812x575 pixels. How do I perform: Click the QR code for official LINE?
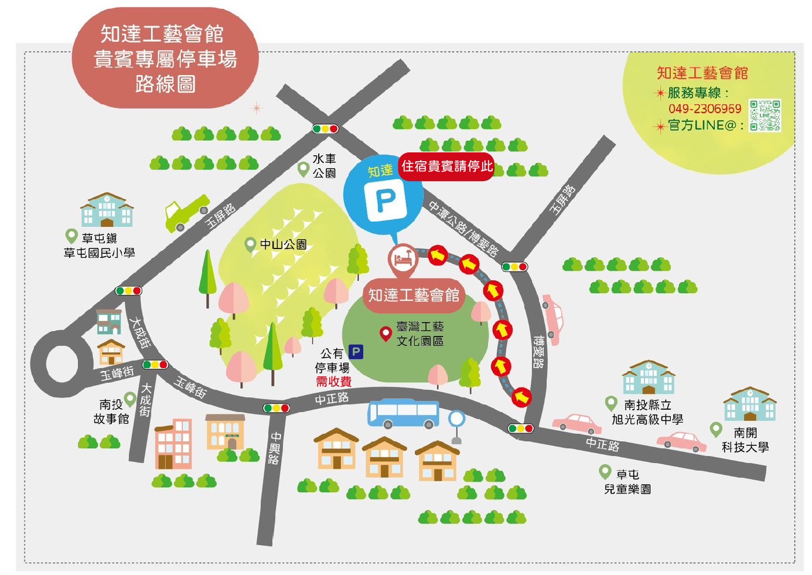765,115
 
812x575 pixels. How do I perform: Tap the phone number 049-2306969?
704,108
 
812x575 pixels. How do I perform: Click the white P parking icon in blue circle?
385,200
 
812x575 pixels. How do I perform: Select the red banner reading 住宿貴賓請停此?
446,166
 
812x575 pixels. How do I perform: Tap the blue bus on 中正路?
403,413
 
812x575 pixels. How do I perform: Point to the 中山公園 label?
283,244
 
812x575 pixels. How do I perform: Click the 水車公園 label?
324,166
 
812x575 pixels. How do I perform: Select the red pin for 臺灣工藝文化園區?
385,334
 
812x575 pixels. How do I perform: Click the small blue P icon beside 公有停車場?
356,352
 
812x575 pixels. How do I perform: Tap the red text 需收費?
333,382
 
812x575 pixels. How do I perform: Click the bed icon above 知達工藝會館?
403,258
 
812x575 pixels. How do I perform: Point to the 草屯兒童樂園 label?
627,481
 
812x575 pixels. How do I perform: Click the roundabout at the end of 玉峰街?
62,363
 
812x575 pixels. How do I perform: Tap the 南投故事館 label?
111,411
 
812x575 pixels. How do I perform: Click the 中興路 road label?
274,448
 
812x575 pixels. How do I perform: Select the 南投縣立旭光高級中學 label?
647,412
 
